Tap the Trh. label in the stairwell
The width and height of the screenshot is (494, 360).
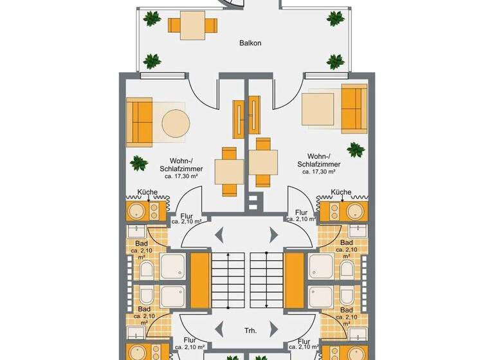click(x=251, y=330)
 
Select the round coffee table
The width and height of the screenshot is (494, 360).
click(x=175, y=123)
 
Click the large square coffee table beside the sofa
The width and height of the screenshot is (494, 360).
click(x=318, y=109)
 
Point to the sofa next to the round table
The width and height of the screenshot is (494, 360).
click(x=140, y=122)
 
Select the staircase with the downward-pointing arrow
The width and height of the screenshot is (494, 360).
click(x=267, y=280)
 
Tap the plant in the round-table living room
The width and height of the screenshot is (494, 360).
click(x=138, y=163)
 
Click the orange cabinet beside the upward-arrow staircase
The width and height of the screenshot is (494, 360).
click(x=201, y=280)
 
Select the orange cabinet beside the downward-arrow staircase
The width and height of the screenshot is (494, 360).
click(x=295, y=280)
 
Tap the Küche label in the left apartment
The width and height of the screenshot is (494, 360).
click(x=149, y=192)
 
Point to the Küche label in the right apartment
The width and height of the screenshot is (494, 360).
click(x=340, y=192)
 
